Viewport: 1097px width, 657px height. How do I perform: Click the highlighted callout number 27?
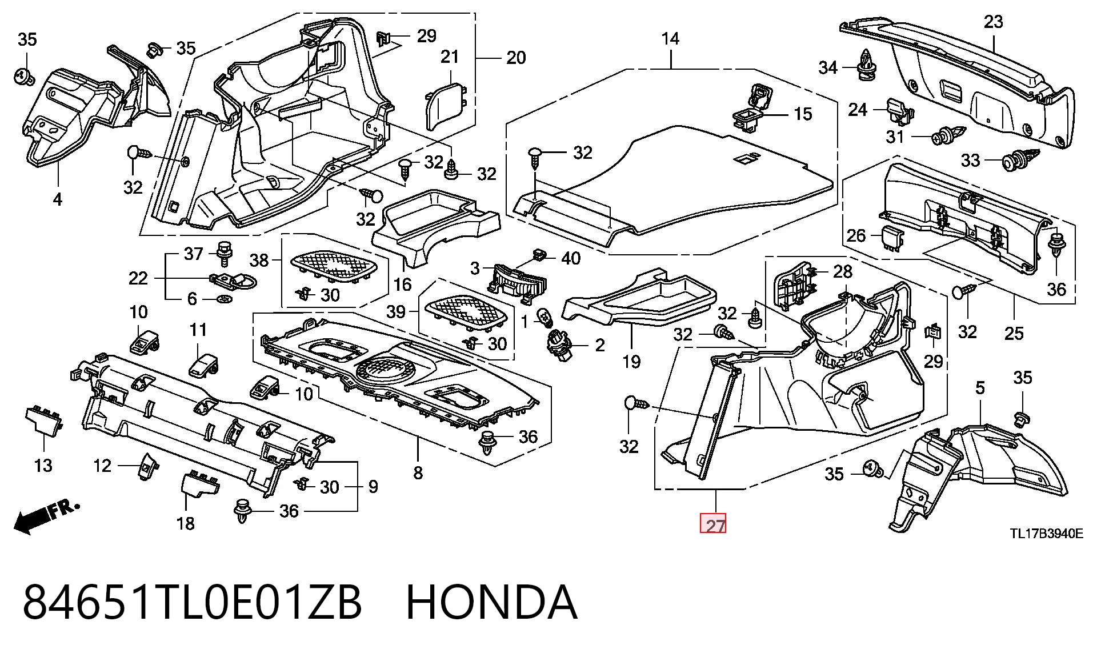pyautogui.click(x=714, y=524)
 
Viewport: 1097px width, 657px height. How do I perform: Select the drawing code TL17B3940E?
pyautogui.click(x=1046, y=534)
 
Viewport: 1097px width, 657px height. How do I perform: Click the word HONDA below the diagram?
pyautogui.click(x=491, y=602)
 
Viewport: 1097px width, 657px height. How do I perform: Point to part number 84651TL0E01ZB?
pyautogui.click(x=193, y=602)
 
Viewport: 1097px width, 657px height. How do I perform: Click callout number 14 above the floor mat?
pyautogui.click(x=670, y=39)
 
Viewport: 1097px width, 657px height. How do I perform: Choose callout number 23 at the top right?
pyautogui.click(x=993, y=22)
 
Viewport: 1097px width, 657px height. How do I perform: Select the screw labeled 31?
pyautogui.click(x=948, y=136)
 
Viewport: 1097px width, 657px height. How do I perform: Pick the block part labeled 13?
pyautogui.click(x=43, y=420)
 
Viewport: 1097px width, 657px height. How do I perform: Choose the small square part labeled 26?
pyautogui.click(x=892, y=238)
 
